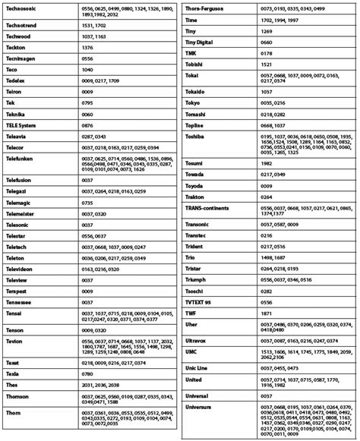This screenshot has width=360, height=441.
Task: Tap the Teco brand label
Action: click(14, 68)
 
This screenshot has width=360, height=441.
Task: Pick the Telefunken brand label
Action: click(21, 158)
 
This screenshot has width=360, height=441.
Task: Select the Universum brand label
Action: click(202, 407)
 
